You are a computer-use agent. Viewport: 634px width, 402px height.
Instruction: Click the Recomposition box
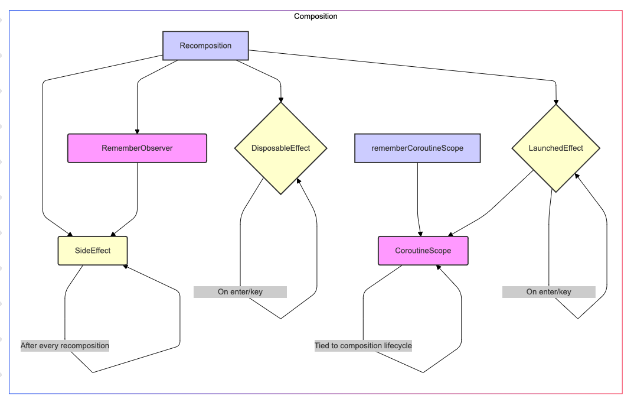coord(205,46)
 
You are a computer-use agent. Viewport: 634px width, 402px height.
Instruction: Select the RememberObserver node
coord(137,148)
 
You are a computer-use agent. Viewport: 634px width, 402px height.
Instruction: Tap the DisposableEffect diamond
coord(280,148)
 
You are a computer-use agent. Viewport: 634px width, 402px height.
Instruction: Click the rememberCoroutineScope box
coord(417,148)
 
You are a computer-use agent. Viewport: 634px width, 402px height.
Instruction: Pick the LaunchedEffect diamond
coord(555,148)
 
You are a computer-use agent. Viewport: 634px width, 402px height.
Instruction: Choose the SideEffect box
coord(93,251)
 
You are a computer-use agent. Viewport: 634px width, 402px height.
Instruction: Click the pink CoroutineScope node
coord(423,251)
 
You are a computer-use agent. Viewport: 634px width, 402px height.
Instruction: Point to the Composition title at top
coord(316,16)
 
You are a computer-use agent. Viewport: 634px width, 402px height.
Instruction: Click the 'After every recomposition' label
coord(65,345)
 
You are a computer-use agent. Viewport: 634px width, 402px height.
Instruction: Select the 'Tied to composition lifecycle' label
coord(363,345)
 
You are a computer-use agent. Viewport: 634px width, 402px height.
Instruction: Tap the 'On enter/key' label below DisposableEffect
coord(240,291)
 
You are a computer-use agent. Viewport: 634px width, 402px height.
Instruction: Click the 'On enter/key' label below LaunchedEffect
coord(548,291)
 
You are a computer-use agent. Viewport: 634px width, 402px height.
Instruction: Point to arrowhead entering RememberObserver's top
coord(137,131)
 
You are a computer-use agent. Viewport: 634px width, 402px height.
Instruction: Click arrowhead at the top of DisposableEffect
coord(280,99)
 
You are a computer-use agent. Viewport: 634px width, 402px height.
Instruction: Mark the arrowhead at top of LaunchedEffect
coord(555,102)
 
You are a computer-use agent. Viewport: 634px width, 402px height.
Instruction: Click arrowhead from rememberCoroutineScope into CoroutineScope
coord(420,234)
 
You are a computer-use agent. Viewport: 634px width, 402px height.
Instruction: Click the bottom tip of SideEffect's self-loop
coord(93,372)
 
